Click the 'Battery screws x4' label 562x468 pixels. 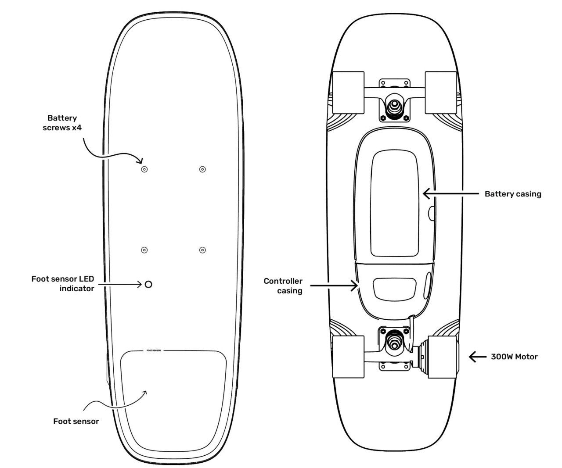click(x=62, y=123)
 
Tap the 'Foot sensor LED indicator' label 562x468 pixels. click(x=63, y=283)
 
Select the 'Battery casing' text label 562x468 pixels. click(x=513, y=193)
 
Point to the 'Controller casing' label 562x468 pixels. click(x=283, y=286)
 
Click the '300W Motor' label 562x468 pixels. click(x=514, y=357)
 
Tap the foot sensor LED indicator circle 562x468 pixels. click(x=148, y=284)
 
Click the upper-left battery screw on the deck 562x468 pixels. click(x=144, y=169)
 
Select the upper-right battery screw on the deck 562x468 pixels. click(x=202, y=169)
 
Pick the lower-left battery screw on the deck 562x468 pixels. click(x=144, y=250)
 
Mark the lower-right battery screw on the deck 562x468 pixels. click(x=202, y=250)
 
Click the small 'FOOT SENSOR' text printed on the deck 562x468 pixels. click(x=153, y=351)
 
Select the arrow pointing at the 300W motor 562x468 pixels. click(x=478, y=357)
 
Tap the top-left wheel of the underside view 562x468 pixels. click(x=349, y=93)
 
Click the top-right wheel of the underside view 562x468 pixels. click(x=441, y=93)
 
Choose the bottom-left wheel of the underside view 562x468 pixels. click(x=349, y=357)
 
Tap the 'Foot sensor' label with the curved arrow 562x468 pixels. click(x=76, y=421)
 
